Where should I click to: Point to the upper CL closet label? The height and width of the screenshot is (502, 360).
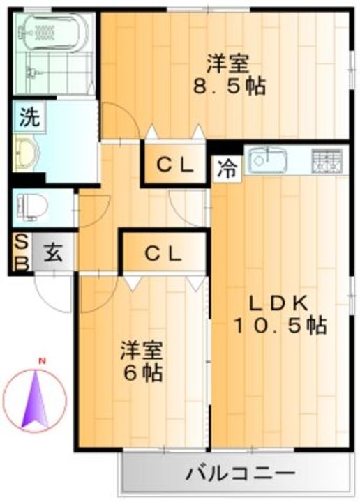pyautogui.click(x=174, y=165)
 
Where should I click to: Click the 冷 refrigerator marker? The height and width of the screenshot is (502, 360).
pyautogui.click(x=226, y=169)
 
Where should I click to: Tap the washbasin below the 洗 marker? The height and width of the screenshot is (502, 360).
pyautogui.click(x=28, y=149)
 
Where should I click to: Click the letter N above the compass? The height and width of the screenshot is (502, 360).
pyautogui.click(x=41, y=361)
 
